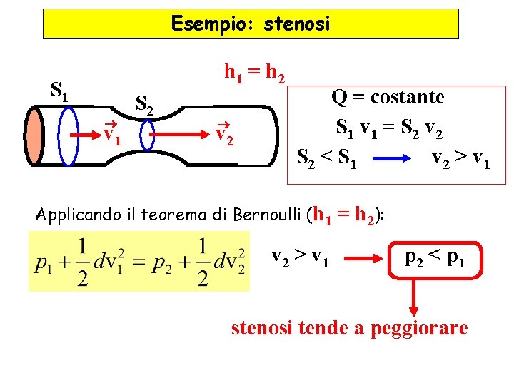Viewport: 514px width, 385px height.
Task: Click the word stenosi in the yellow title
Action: (x=297, y=24)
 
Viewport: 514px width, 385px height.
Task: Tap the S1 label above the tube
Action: (x=59, y=90)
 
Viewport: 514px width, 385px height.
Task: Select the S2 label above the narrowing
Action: (x=144, y=106)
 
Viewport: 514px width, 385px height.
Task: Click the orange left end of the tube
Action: (x=34, y=135)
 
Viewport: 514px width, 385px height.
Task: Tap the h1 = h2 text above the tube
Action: (x=256, y=72)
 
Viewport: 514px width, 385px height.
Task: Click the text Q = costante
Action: (x=388, y=97)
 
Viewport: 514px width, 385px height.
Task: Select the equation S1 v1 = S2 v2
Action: (x=388, y=128)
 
